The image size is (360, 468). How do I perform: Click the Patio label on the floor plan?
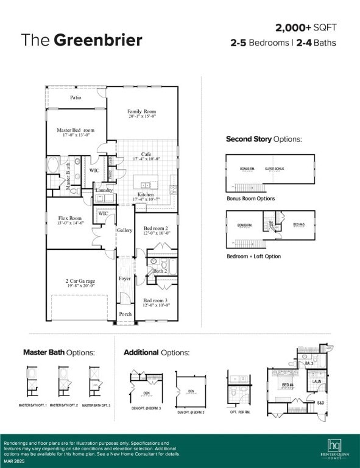[x=76, y=97]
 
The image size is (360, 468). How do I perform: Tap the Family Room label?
[x=141, y=112]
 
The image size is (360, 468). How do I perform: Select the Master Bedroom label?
[x=76, y=130]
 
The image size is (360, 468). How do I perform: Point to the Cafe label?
[x=146, y=155]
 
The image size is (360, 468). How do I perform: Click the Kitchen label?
[x=145, y=195]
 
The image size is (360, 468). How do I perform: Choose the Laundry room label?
[x=104, y=191]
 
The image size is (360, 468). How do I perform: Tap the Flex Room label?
[x=70, y=218]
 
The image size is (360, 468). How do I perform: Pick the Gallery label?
[x=124, y=230]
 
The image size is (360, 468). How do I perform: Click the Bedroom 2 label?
[x=157, y=227]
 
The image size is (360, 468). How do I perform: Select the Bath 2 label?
[x=160, y=271]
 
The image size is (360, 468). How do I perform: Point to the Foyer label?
[x=124, y=278]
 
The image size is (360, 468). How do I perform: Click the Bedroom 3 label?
[x=156, y=300]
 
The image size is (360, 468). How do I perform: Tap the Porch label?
[x=125, y=314]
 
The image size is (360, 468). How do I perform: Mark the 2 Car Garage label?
[x=80, y=282]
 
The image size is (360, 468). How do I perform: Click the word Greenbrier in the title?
[x=98, y=40]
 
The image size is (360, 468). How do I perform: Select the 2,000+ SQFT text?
[x=305, y=28]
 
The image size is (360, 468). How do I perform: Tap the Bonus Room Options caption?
[x=250, y=199]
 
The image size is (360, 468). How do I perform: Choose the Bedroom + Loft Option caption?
[x=254, y=257]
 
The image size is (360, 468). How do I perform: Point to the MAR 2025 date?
[x=15, y=461]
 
